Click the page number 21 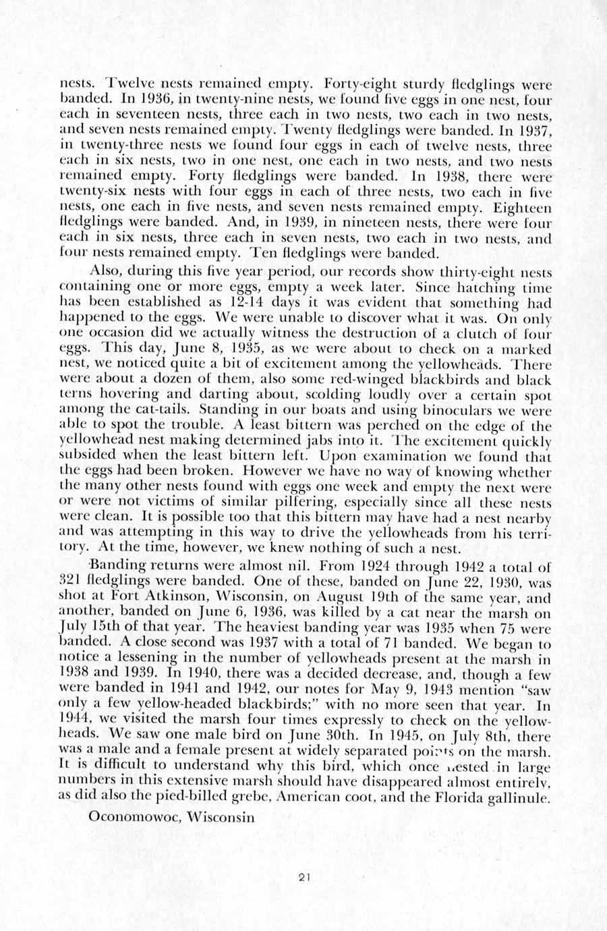point(303,878)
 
